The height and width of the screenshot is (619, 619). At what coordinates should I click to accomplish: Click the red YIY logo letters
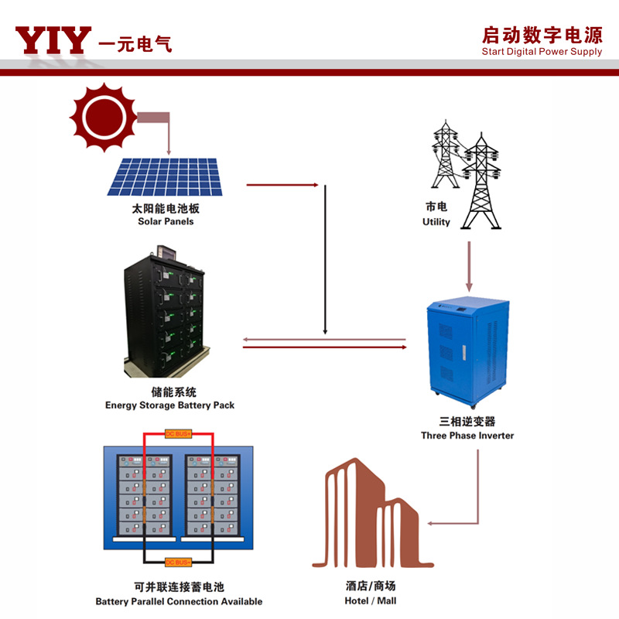[53, 40]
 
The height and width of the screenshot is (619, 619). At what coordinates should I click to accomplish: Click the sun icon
[103, 117]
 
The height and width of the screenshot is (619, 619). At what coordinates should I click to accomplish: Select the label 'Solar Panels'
[166, 221]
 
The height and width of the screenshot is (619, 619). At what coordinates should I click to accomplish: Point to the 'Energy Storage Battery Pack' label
[169, 405]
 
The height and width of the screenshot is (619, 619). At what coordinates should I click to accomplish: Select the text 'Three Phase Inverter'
[467, 436]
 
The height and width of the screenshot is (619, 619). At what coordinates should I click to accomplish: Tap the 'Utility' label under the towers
[436, 222]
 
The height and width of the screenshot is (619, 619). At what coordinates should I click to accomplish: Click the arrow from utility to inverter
[469, 267]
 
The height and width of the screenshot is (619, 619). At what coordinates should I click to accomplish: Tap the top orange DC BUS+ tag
[178, 434]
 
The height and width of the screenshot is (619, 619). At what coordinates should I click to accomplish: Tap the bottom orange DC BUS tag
[178, 562]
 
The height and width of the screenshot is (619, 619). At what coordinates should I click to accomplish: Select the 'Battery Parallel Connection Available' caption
[179, 601]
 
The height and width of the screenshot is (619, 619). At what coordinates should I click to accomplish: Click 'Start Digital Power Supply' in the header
[541, 52]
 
